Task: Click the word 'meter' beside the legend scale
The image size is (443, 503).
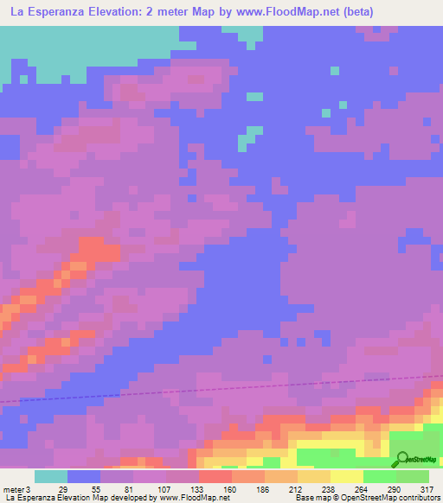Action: [12, 490]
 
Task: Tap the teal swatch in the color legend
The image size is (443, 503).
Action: [51, 476]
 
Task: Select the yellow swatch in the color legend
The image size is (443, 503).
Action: [346, 476]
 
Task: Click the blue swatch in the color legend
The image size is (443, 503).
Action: [84, 476]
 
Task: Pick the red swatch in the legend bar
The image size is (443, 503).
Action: [215, 476]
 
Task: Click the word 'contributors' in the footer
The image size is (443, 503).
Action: [421, 499]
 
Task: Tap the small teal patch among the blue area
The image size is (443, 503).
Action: [248, 137]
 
